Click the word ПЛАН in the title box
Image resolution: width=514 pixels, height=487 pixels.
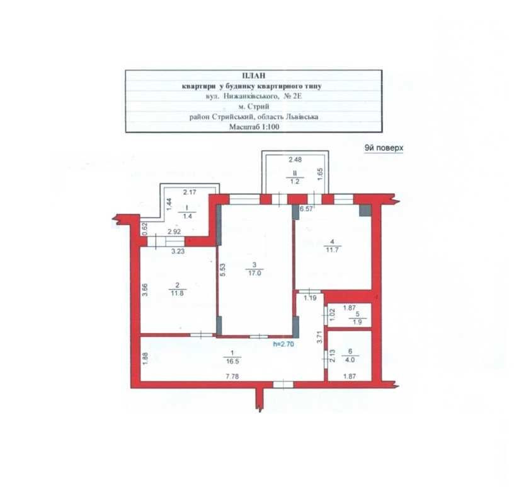pyautogui.click(x=254, y=76)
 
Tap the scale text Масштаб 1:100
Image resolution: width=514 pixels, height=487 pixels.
pyautogui.click(x=254, y=127)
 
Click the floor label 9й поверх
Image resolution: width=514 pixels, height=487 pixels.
pyautogui.click(x=384, y=148)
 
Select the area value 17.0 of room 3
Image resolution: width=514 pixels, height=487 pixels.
pyautogui.click(x=254, y=273)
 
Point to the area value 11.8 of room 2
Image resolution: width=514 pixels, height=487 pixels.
pyautogui.click(x=177, y=293)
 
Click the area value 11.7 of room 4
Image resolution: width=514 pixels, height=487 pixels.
pyautogui.click(x=332, y=250)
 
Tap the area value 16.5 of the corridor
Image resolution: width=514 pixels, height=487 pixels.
pyautogui.click(x=232, y=361)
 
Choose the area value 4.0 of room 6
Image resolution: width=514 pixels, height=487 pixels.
pyautogui.click(x=350, y=360)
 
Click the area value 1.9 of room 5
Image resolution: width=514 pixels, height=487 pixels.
pyautogui.click(x=357, y=322)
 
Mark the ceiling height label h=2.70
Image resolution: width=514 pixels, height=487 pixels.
pyautogui.click(x=283, y=344)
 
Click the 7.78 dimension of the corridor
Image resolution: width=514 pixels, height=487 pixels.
pyautogui.click(x=232, y=377)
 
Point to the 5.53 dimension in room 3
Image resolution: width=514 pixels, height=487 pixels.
pyautogui.click(x=222, y=270)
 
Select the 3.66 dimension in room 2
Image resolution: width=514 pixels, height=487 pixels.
pyautogui.click(x=146, y=290)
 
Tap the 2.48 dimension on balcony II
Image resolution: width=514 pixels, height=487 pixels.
pyautogui.click(x=295, y=160)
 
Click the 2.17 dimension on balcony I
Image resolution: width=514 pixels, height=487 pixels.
pyautogui.click(x=190, y=192)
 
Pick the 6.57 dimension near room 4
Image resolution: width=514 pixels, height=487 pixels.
pyautogui.click(x=307, y=209)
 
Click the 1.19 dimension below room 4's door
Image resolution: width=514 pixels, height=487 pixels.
pyautogui.click(x=310, y=298)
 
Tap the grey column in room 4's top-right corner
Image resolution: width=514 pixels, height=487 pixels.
pyautogui.click(x=365, y=211)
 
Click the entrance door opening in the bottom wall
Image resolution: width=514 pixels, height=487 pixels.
pyautogui.click(x=283, y=385)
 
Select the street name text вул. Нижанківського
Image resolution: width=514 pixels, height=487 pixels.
pyautogui.click(x=243, y=97)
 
